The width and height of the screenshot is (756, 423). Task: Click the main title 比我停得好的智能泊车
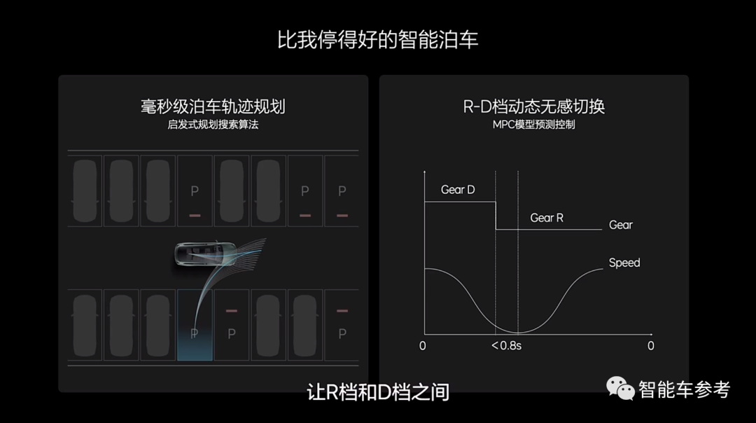tap(377, 39)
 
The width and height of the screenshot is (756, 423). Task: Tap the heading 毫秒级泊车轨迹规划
tap(213, 106)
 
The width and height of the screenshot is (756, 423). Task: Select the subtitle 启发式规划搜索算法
tap(213, 125)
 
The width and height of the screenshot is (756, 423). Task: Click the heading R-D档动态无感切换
tap(533, 106)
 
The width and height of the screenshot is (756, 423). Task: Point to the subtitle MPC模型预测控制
tap(533, 125)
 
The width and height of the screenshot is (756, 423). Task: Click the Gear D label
tap(458, 190)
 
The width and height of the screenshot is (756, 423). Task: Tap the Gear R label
tap(547, 218)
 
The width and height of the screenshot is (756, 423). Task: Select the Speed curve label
tap(624, 263)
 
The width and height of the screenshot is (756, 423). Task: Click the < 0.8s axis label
tap(506, 346)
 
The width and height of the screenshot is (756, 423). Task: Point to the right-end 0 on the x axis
tap(651, 346)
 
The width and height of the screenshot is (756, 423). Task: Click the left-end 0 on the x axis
tap(422, 346)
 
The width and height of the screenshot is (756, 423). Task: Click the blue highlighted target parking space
tap(195, 325)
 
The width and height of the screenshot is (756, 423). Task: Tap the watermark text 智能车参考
tap(684, 389)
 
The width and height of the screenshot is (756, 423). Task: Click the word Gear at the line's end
tap(620, 225)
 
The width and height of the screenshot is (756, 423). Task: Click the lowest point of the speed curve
tap(518, 333)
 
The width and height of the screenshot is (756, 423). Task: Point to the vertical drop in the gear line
tap(496, 216)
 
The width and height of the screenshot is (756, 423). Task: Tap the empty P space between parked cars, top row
tap(195, 191)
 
